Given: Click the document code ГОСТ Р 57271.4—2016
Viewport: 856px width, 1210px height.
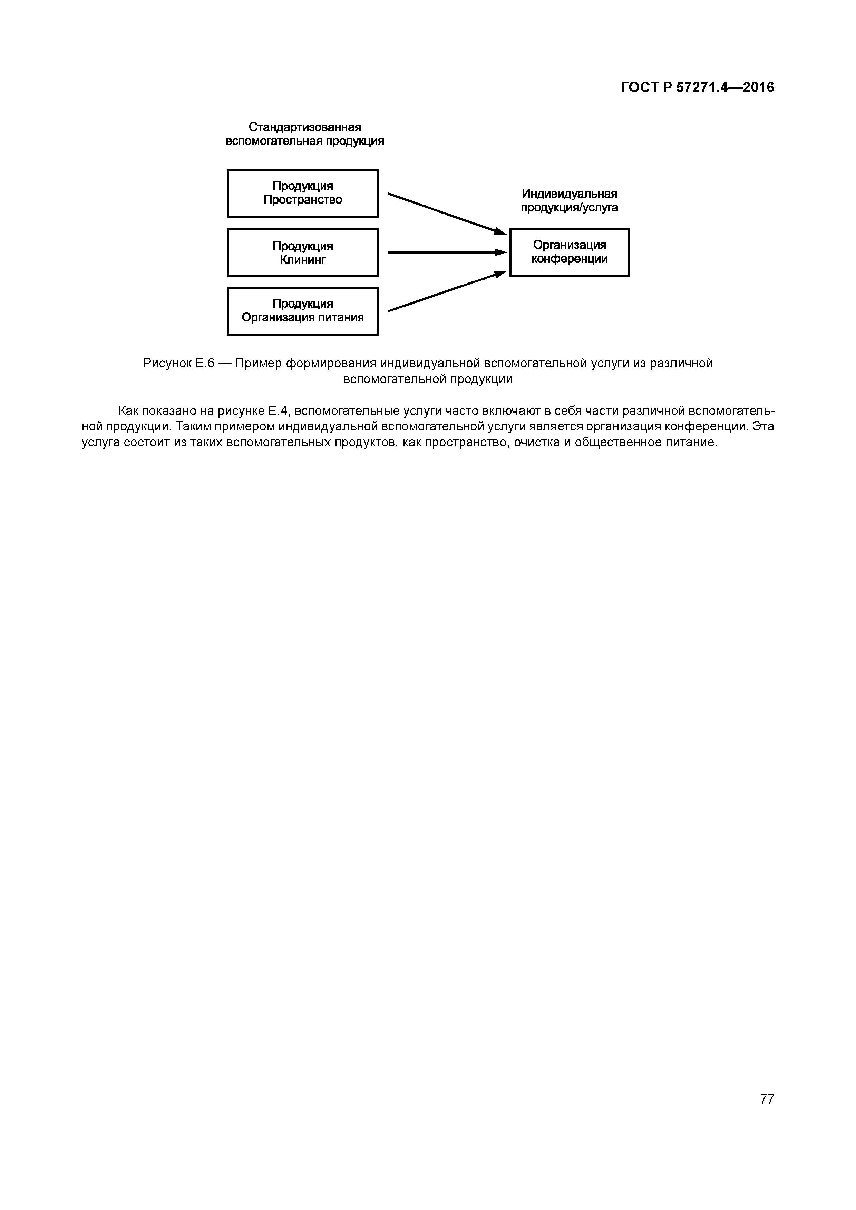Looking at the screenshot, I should click(697, 88).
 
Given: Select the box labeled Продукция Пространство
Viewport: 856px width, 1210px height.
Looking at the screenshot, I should click(302, 194).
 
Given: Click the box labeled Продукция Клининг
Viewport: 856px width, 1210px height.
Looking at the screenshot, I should click(302, 252).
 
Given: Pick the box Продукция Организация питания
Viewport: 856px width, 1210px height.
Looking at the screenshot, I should click(302, 311).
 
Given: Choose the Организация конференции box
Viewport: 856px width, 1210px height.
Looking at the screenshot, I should click(569, 252).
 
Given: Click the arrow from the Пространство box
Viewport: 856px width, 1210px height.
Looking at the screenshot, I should click(446, 214).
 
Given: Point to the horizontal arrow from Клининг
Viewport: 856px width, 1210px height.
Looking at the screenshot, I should click(446, 252).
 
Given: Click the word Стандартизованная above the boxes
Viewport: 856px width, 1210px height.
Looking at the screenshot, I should click(305, 128).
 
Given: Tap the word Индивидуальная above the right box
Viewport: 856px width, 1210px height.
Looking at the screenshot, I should click(569, 194).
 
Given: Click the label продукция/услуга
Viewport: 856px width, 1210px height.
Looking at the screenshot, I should click(569, 208).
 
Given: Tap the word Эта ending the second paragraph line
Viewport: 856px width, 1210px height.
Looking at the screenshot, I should click(763, 426).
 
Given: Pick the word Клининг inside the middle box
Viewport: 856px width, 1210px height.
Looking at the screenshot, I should click(302, 260).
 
